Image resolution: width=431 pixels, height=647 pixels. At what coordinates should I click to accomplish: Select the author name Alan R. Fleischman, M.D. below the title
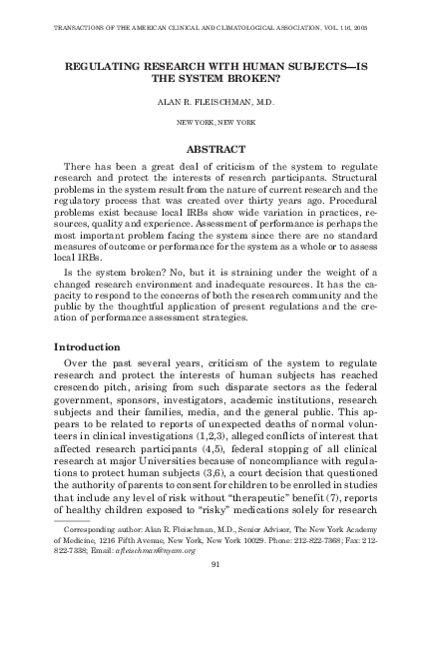click(215, 101)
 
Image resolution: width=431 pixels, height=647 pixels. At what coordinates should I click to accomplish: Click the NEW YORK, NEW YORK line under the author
click(215, 121)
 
